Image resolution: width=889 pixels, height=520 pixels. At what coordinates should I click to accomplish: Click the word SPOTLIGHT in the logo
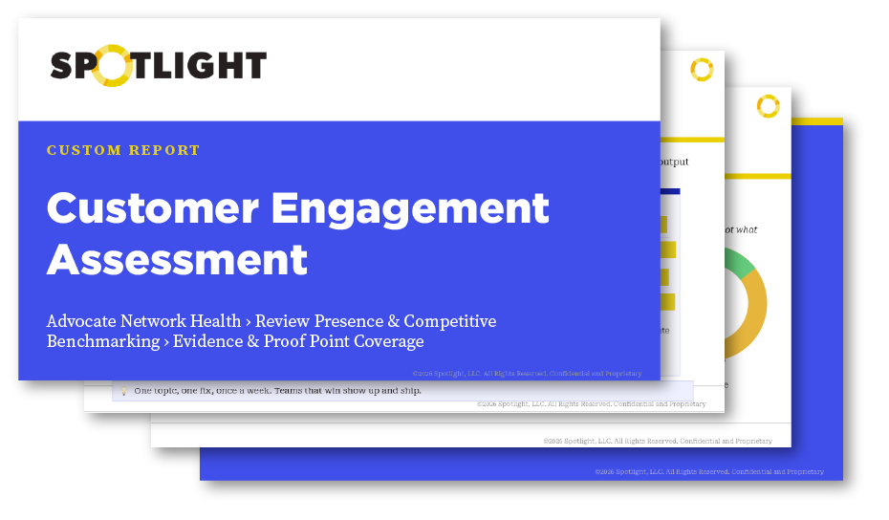(x=159, y=66)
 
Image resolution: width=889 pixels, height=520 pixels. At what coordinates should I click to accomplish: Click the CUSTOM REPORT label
(x=123, y=150)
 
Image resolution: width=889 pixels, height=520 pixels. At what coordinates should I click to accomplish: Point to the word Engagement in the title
(x=427, y=209)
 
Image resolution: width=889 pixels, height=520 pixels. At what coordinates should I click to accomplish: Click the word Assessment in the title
(x=177, y=259)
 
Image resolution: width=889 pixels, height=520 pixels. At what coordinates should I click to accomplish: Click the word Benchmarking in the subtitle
(x=103, y=341)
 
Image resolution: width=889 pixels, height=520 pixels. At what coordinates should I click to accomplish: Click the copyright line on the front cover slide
(x=527, y=373)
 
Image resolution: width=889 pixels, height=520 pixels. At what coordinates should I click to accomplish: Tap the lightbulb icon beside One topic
(x=123, y=390)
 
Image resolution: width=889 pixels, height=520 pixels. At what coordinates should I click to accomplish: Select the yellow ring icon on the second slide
(x=702, y=70)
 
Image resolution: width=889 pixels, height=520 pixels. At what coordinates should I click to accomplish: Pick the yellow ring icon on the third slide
(x=768, y=106)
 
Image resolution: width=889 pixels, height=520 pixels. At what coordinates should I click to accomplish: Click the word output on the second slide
(x=674, y=162)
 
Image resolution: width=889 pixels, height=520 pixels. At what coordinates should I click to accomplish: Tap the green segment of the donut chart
(x=739, y=262)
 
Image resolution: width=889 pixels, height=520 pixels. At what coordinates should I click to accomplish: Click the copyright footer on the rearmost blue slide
(x=707, y=471)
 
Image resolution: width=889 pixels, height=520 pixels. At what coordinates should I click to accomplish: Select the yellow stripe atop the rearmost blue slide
(x=817, y=121)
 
